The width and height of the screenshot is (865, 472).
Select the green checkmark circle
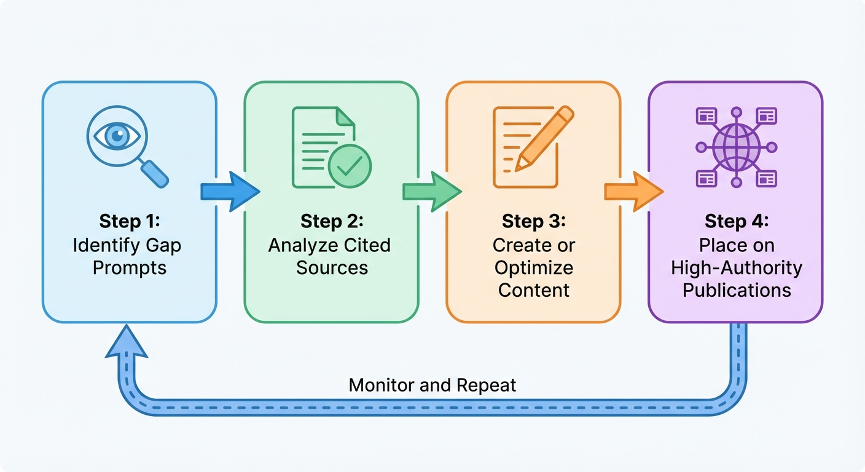[349, 167]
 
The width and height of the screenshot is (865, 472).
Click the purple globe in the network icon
[737, 147]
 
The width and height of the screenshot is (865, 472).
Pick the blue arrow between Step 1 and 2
[230, 192]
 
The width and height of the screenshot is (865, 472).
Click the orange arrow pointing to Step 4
[633, 192]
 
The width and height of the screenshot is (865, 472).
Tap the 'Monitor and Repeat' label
[432, 385]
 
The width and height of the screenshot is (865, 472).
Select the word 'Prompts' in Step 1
[129, 268]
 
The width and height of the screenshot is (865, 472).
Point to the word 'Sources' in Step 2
[332, 268]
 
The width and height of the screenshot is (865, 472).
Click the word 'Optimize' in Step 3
[533, 268]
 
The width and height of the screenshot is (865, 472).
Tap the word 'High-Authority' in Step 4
[736, 268]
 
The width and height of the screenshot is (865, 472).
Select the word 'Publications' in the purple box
[736, 290]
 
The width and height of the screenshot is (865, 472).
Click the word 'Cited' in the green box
[367, 245]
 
